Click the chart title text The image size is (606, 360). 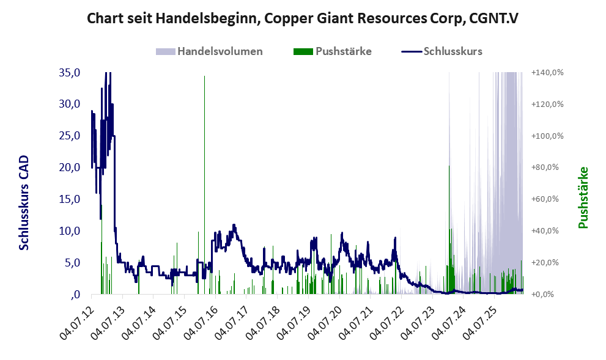click(303, 18)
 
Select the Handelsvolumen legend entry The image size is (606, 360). click(209, 51)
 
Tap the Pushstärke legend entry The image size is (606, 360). click(333, 51)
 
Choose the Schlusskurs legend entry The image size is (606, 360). click(442, 51)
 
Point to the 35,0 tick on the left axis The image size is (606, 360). click(70, 72)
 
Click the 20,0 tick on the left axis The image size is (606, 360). click(70, 167)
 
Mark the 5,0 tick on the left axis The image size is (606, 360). click(72, 263)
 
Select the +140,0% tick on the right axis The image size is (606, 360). click(548, 72)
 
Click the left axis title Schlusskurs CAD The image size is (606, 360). click(24, 203)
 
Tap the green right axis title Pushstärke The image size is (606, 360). click(583, 197)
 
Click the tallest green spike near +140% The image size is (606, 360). click(204, 185)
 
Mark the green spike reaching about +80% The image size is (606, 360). click(449, 230)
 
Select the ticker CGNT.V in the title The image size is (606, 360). click(493, 18)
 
